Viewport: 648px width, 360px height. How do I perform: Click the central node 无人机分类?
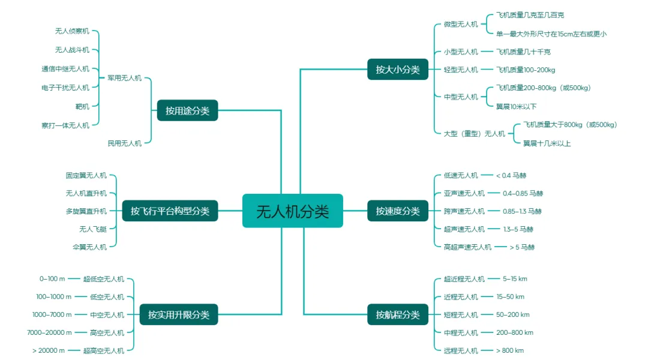tap(292, 211)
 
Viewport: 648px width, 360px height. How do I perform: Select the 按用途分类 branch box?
tap(187, 110)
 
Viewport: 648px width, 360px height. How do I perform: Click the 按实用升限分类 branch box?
tap(179, 314)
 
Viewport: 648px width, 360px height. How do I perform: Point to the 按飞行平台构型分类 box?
tap(170, 211)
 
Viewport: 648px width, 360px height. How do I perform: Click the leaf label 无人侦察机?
tap(72, 31)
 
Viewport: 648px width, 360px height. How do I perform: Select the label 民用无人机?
tap(125, 143)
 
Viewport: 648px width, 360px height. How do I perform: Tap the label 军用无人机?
tap(125, 78)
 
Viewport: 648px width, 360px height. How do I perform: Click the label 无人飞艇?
tap(93, 229)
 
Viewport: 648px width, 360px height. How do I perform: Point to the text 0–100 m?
tap(52, 279)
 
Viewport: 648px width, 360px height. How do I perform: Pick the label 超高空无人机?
tap(104, 350)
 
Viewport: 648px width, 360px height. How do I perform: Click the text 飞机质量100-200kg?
tap(526, 70)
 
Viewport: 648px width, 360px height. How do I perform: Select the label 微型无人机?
tap(461, 25)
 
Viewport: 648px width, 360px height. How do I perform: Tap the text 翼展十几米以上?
tap(547, 143)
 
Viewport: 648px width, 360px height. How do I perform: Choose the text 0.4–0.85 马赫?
tap(523, 193)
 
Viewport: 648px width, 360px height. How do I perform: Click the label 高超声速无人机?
tap(467, 247)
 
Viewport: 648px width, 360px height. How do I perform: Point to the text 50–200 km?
tap(513, 314)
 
